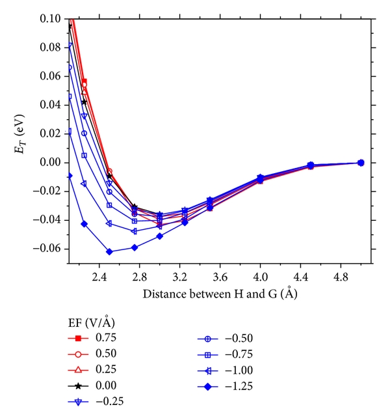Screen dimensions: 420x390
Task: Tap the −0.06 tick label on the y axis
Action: [49, 249]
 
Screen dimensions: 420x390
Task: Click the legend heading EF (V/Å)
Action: [94, 323]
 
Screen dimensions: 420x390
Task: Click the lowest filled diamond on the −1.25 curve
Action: [109, 251]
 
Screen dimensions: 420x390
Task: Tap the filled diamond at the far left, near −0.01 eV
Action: [70, 176]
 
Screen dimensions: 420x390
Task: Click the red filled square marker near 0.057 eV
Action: [84, 81]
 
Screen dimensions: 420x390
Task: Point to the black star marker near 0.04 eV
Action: [84, 102]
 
